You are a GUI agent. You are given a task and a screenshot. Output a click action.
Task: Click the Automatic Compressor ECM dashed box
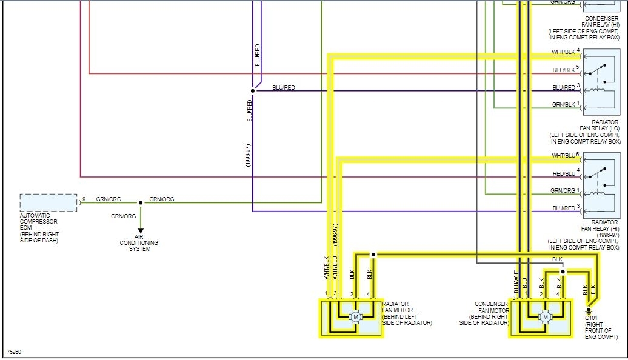tap(48, 202)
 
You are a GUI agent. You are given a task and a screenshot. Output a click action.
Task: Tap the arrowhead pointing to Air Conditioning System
tap(141, 230)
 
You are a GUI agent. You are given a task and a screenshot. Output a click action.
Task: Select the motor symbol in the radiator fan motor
tap(356, 317)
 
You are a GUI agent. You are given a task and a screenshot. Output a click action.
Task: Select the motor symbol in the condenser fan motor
tap(546, 317)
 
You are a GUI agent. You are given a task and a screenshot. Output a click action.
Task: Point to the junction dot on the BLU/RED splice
tap(253, 91)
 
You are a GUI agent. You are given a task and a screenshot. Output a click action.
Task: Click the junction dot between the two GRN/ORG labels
tap(141, 202)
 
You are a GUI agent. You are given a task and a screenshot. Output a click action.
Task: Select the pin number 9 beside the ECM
tap(84, 199)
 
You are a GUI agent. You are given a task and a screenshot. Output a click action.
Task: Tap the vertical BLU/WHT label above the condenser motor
tap(516, 282)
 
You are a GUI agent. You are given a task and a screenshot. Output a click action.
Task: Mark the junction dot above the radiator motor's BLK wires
tap(374, 255)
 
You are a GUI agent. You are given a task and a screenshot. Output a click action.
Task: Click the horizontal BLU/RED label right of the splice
tap(284, 88)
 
